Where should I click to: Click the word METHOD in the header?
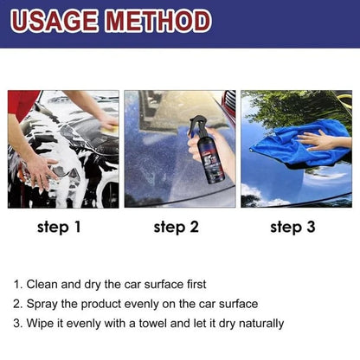pos(160,21)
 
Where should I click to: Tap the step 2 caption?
pos(177,228)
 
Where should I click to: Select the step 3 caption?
pos(294,228)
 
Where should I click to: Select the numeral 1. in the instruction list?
pos(18,284)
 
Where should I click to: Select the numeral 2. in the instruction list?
pos(18,304)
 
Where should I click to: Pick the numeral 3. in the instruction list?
pos(18,324)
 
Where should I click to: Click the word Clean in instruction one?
pos(43,284)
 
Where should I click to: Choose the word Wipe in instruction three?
pos(42,324)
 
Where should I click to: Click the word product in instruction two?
pos(105,304)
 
